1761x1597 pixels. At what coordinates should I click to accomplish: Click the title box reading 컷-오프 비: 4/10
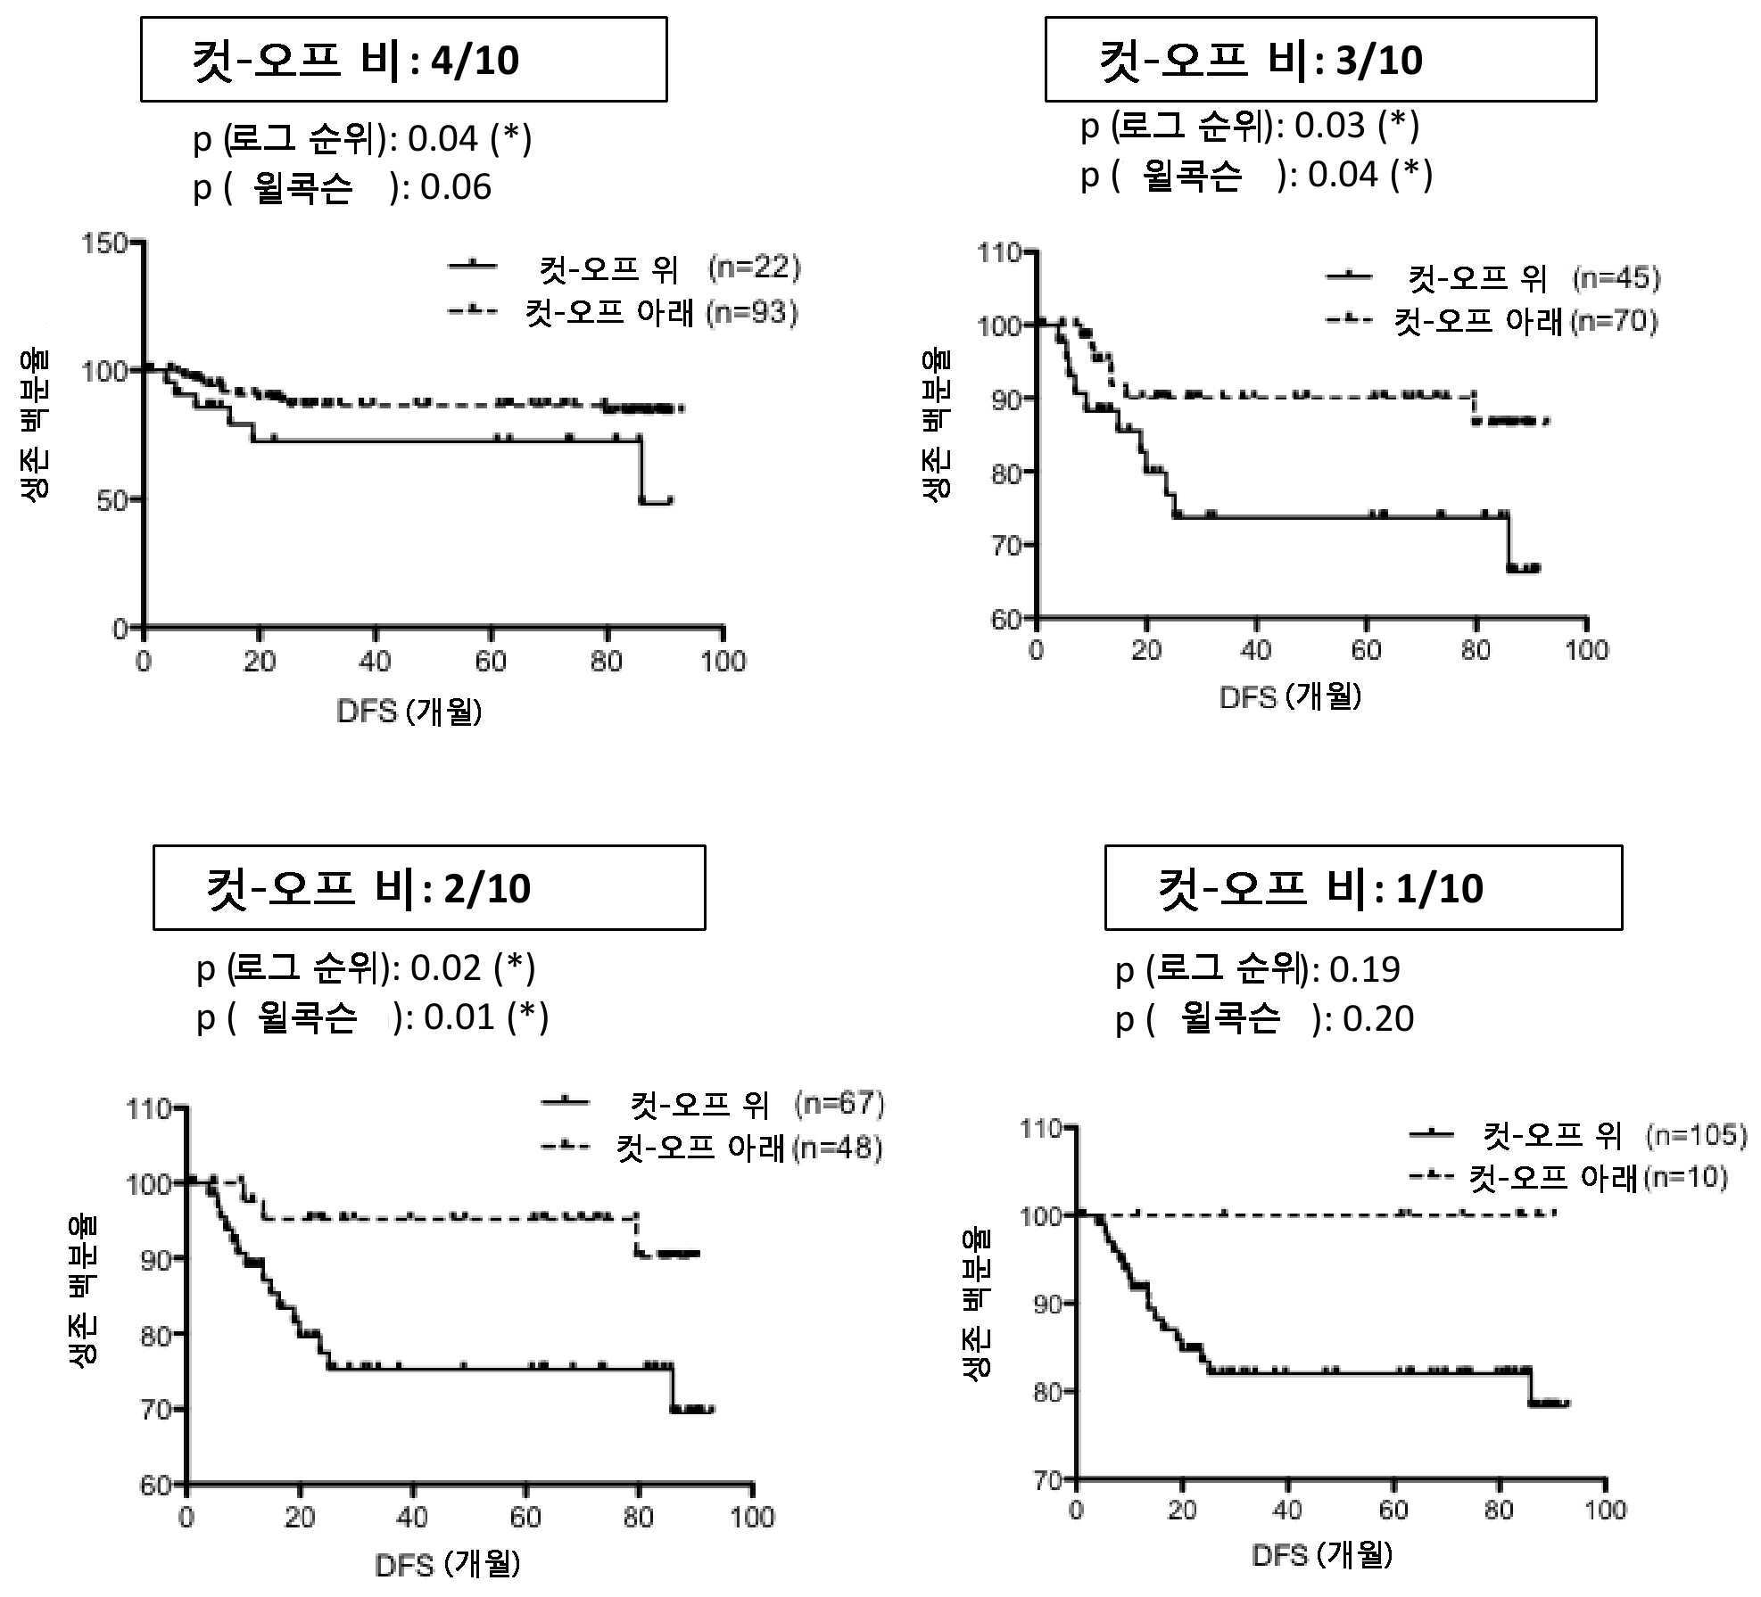coord(403,60)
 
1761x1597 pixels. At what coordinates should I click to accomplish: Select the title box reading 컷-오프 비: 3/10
coord(1320,60)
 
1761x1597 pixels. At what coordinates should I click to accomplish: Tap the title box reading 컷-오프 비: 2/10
coord(429,888)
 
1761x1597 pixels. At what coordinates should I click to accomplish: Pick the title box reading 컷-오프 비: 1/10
coord(1363,888)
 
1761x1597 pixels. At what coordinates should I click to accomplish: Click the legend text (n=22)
coord(754,267)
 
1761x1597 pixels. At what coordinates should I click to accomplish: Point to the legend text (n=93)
coord(752,312)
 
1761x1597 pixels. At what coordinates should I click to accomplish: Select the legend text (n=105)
coord(1695,1135)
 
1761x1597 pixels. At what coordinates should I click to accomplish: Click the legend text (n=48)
coord(838,1147)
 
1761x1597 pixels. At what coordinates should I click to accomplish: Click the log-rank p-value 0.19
coord(1364,969)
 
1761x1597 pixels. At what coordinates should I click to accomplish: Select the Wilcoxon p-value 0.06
coord(456,187)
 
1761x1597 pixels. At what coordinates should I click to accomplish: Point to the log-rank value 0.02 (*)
coord(472,968)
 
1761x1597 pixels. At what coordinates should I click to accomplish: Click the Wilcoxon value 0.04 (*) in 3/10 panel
coord(1370,175)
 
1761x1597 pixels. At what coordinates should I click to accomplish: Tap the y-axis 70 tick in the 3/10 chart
coord(1005,545)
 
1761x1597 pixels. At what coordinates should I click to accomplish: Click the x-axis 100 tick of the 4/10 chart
coord(723,662)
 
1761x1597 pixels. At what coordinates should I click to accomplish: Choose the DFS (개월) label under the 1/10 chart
coord(1321,1556)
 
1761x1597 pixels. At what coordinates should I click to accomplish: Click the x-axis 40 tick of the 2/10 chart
coord(411,1517)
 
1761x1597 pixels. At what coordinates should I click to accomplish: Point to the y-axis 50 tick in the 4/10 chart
coord(112,500)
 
